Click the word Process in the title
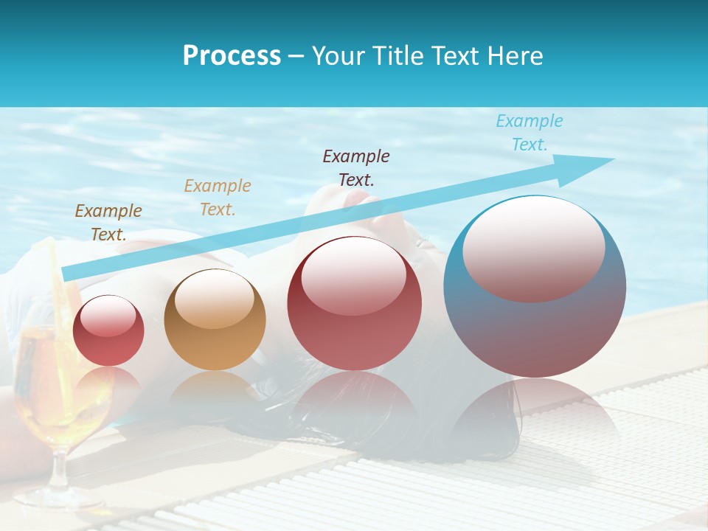point(232,56)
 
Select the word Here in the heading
point(516,56)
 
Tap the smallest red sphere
point(108,330)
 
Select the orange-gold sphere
point(215,320)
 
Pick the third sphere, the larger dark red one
point(354,304)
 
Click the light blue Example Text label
point(529,133)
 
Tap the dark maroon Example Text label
point(356,167)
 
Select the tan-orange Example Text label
point(218,197)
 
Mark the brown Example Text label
point(108,222)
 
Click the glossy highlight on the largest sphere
point(533,248)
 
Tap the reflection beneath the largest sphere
point(535,413)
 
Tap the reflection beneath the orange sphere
point(215,391)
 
